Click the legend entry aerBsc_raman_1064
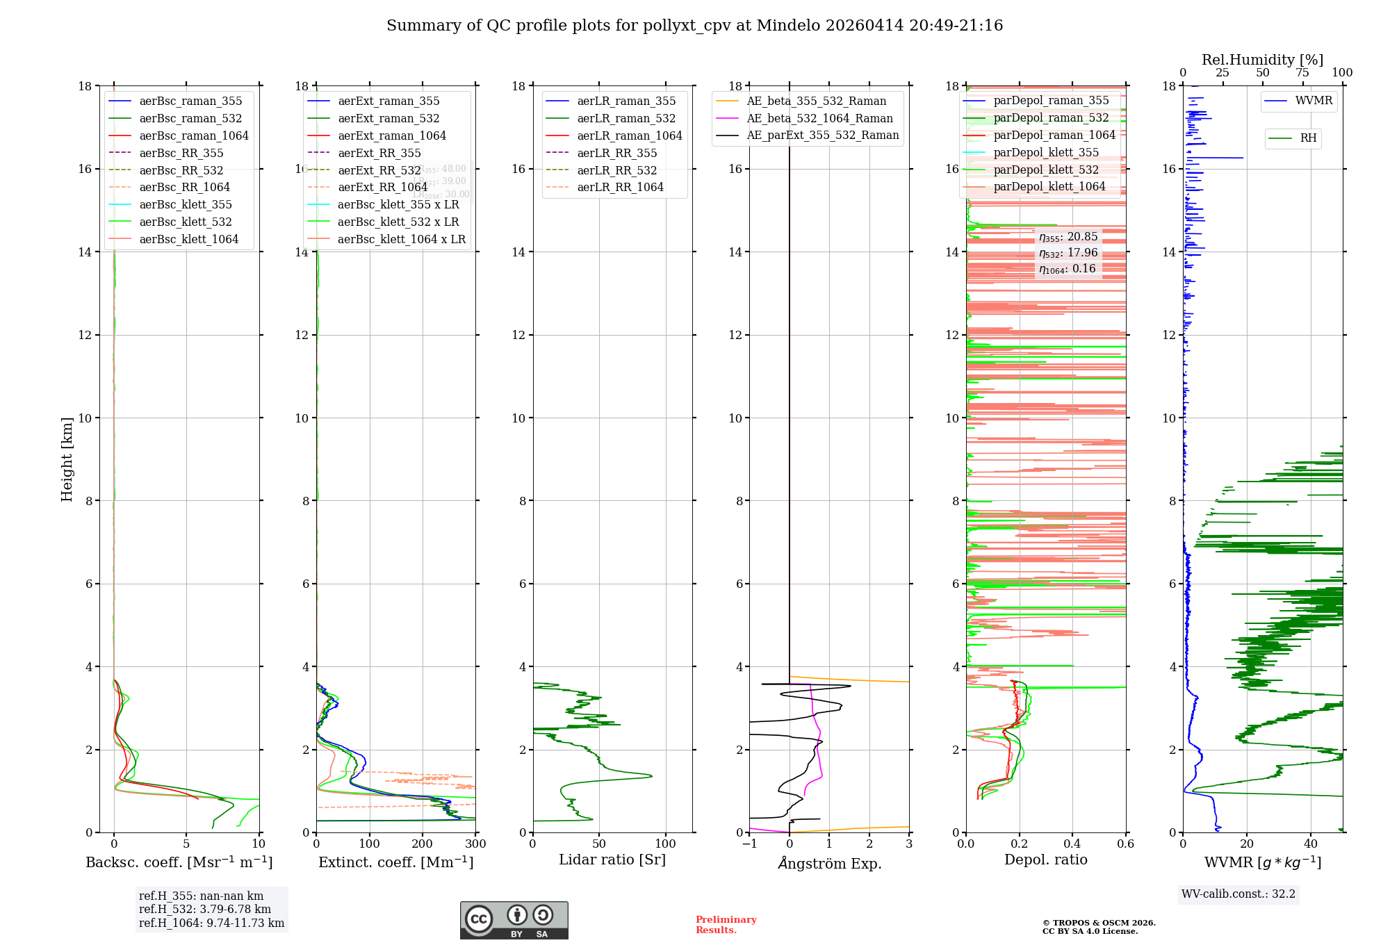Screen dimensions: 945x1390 [x=193, y=135]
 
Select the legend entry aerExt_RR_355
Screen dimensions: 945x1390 [x=379, y=153]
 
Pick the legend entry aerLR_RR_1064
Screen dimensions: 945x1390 [x=620, y=187]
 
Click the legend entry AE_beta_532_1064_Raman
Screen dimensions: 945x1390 [x=819, y=118]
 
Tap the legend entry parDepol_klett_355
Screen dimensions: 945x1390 [x=1046, y=152]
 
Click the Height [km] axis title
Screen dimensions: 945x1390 [x=67, y=459]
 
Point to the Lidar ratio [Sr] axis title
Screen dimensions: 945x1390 [x=612, y=860]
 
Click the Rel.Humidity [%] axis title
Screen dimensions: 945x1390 [x=1262, y=60]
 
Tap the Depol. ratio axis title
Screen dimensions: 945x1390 [x=1045, y=860]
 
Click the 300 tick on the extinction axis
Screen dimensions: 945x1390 [x=475, y=844]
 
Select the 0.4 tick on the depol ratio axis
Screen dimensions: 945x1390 [x=1072, y=844]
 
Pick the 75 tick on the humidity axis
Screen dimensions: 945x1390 [x=1302, y=73]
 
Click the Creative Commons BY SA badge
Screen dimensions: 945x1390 [x=514, y=921]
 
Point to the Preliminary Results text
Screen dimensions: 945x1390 [x=726, y=925]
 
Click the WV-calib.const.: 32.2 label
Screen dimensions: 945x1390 [x=1238, y=894]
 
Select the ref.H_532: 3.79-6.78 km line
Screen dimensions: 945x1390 [x=204, y=909]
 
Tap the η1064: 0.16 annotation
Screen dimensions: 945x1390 [x=1068, y=269]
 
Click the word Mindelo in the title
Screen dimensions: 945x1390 [x=788, y=26]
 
